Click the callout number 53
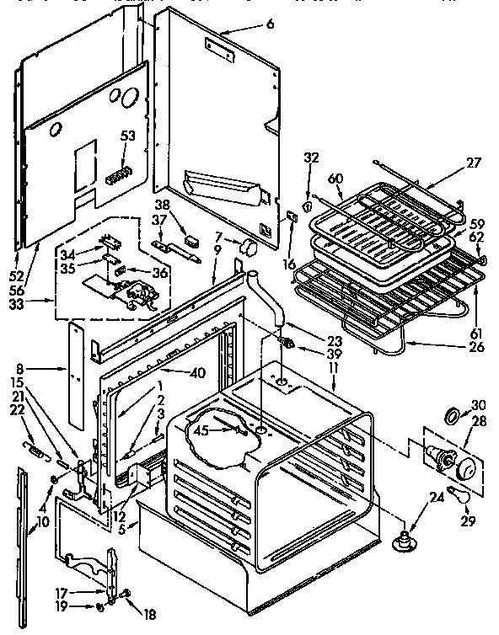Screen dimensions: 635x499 128,136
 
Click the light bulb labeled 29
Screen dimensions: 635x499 460,497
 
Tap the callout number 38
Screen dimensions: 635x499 163,205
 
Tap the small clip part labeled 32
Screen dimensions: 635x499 309,204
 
